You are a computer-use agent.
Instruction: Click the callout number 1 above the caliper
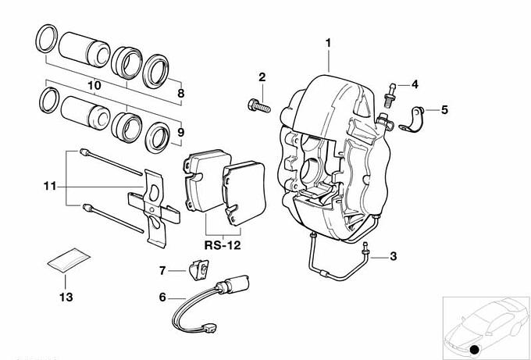(329, 41)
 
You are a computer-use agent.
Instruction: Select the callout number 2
(262, 77)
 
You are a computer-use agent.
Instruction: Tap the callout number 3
(393, 256)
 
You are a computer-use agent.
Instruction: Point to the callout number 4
(415, 84)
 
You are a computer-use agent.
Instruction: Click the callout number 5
(444, 109)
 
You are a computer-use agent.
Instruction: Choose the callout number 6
(162, 297)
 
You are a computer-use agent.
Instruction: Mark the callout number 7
(162, 271)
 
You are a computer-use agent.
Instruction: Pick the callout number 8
(181, 94)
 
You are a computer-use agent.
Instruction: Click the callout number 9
(180, 133)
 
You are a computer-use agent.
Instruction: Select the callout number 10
(94, 84)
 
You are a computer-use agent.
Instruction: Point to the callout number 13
(66, 298)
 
